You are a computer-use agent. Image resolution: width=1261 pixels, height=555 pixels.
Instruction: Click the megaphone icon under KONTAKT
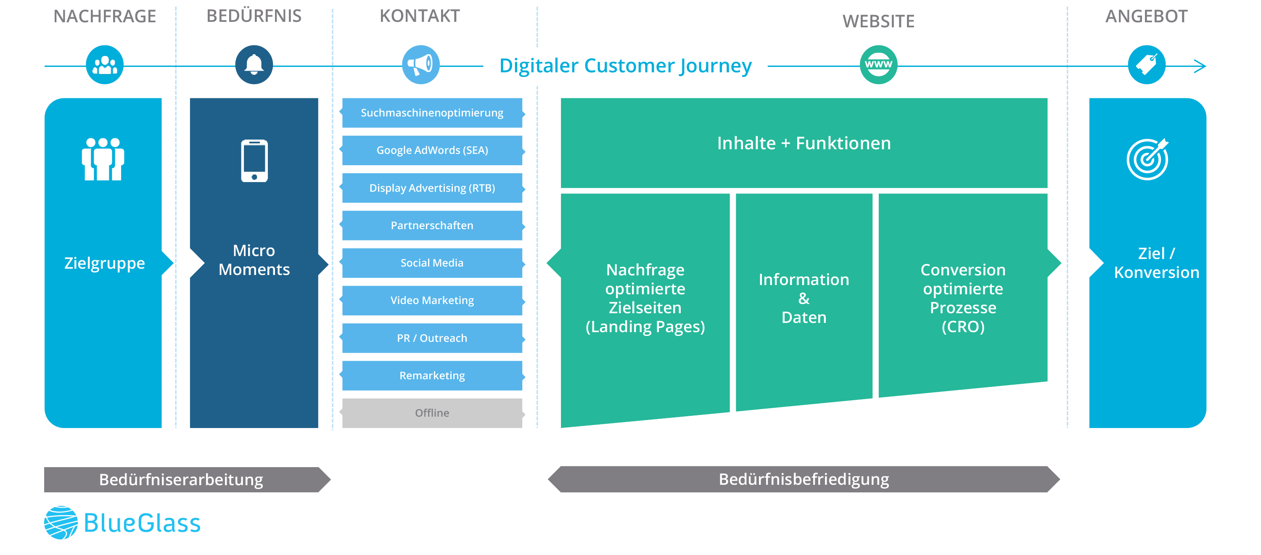click(420, 65)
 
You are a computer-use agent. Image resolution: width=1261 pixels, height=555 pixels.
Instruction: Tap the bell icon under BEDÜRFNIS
click(254, 65)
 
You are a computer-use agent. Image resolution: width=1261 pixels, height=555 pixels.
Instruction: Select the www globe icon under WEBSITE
click(878, 65)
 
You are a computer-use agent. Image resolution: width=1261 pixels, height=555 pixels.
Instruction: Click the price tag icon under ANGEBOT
click(1147, 65)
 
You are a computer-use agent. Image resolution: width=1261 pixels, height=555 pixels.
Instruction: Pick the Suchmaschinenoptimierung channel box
click(432, 113)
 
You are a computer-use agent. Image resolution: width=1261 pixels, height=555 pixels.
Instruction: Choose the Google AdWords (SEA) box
click(432, 150)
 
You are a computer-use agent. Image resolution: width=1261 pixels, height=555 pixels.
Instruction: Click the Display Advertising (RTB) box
click(432, 188)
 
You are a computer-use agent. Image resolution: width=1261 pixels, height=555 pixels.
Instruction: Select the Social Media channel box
click(432, 263)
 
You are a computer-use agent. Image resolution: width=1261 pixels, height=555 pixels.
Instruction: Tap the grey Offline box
click(432, 413)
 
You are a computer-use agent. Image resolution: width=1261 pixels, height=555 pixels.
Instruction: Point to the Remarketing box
click(432, 375)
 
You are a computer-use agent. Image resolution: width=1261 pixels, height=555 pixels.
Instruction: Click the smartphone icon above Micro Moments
click(254, 161)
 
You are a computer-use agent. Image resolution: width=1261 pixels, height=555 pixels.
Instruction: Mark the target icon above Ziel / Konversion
click(1147, 159)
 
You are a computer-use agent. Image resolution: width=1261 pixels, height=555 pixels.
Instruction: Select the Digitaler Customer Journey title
click(625, 66)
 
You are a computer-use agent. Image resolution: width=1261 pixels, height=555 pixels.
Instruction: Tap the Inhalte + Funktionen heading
click(804, 143)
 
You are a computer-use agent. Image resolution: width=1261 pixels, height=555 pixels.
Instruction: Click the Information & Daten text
click(804, 298)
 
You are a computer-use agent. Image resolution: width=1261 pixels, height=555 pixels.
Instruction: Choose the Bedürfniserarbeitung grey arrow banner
click(182, 480)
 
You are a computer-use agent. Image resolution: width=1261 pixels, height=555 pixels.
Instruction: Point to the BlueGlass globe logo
click(61, 523)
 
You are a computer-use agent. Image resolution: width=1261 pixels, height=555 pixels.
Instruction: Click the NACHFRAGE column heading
click(105, 16)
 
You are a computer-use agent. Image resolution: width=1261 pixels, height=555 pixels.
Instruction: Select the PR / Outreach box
click(432, 338)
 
